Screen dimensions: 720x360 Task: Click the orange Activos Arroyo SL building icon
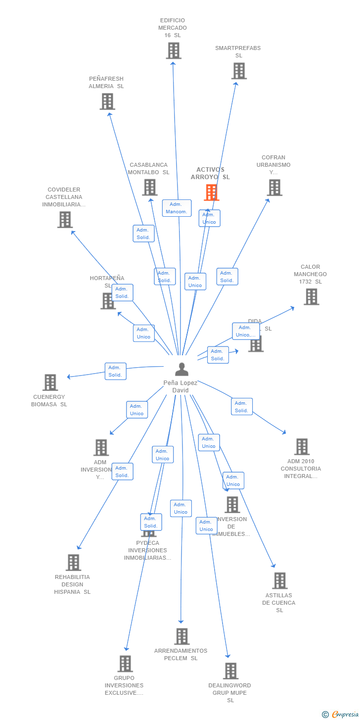point(212,192)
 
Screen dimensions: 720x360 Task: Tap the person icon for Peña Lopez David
point(181,369)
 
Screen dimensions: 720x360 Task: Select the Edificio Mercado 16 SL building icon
point(174,51)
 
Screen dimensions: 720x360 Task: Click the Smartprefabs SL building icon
point(239,71)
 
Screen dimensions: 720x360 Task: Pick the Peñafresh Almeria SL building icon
point(107,101)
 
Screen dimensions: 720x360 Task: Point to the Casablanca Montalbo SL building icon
point(150,188)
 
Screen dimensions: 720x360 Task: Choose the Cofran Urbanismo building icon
point(274,188)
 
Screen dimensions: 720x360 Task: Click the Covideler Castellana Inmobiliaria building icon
point(65,220)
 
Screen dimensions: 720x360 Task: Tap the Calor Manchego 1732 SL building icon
point(311,297)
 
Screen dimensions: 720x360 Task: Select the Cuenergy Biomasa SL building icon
point(50,383)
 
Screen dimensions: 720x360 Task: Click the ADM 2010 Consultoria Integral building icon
point(302,447)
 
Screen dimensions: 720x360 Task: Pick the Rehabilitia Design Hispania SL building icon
point(73,563)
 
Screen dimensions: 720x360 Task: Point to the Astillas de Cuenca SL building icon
point(279,581)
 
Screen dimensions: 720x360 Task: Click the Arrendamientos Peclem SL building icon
point(181,636)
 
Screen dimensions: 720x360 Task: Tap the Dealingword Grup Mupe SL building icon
point(230,671)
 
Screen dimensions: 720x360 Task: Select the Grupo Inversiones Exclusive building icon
point(125,664)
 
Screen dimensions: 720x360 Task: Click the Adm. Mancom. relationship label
point(177,208)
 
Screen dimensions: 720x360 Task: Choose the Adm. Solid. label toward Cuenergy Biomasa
point(115,371)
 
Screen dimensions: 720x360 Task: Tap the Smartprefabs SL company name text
point(238,51)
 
